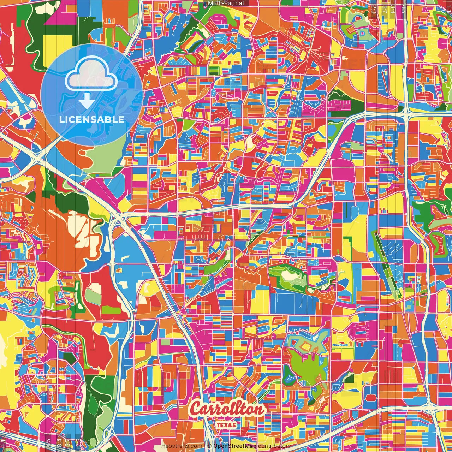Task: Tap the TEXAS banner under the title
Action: coord(226,425)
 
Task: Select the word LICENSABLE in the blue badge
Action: coord(91,119)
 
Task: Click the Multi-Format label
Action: coord(226,3)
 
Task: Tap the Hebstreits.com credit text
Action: coord(182,446)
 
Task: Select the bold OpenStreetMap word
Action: coord(235,446)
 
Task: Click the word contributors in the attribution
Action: coord(274,446)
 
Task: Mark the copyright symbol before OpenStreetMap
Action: coord(209,446)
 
